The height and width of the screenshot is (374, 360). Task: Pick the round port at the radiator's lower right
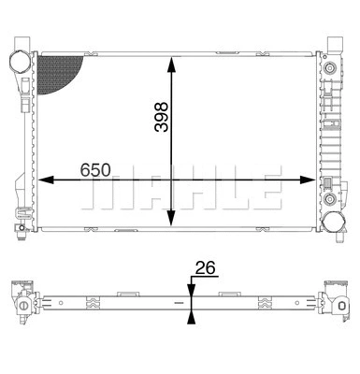point(333,222)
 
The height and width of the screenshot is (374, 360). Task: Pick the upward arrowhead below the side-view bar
point(191,317)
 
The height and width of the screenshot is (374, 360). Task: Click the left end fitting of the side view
point(22,300)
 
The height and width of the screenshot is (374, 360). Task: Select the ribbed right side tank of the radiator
point(329,140)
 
